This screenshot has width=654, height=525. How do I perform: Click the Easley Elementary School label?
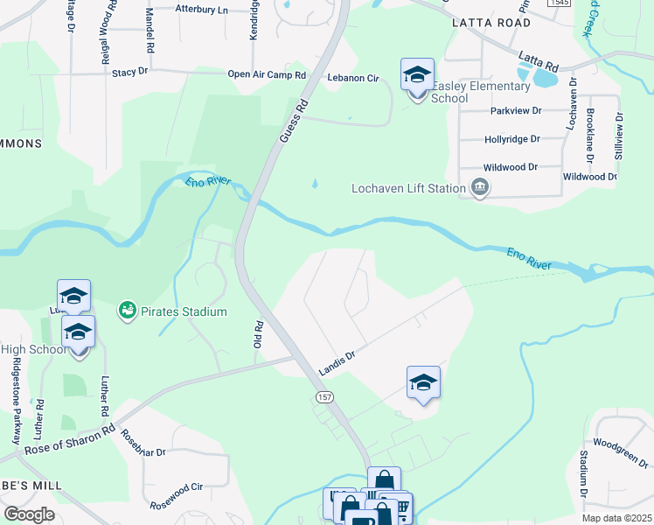tap(482, 92)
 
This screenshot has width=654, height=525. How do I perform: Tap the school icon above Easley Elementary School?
tap(418, 75)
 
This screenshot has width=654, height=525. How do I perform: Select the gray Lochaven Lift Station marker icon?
tap(480, 187)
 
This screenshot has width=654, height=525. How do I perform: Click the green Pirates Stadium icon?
tap(128, 311)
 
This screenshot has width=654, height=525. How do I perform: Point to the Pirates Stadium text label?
tap(184, 311)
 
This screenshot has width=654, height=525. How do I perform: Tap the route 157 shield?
tap(323, 396)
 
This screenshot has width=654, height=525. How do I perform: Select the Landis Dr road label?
tap(337, 362)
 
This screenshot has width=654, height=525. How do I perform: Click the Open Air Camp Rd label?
tap(267, 75)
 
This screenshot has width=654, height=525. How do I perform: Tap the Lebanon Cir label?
tap(352, 79)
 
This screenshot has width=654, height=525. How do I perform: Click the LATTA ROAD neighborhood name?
tap(491, 23)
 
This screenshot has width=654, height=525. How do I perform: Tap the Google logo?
tap(29, 514)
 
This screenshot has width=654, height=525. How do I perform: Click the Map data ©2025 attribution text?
tap(616, 518)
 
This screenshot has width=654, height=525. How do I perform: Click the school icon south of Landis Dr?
tap(423, 383)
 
